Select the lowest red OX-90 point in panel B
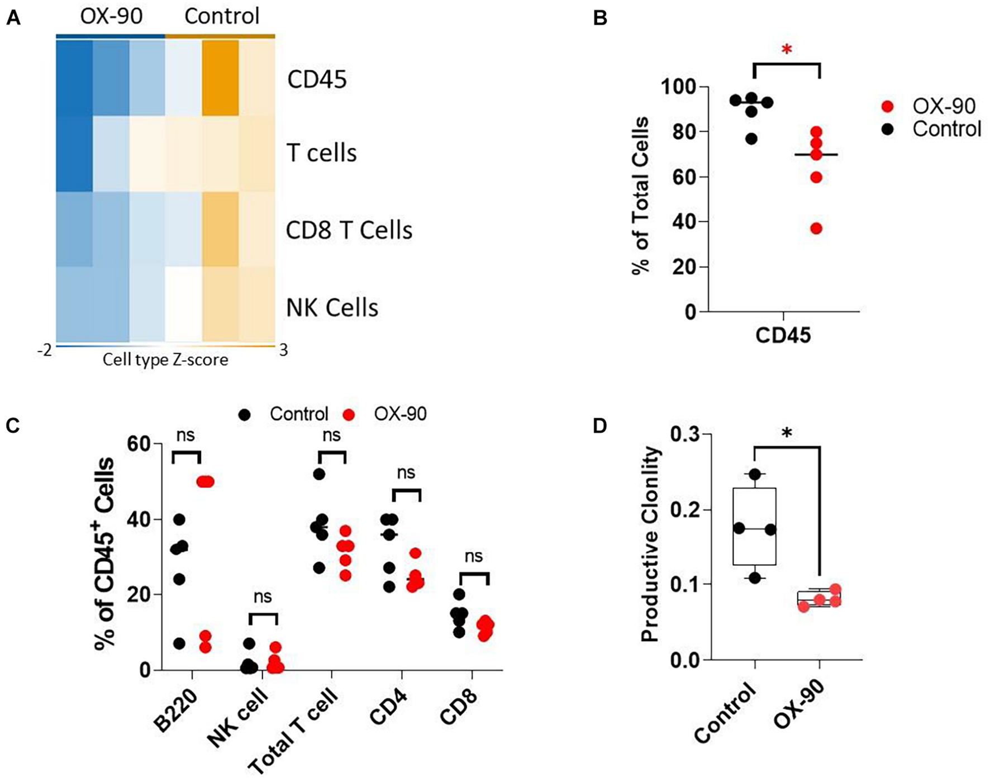816,228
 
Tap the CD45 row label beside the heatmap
317,80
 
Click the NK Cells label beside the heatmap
332,308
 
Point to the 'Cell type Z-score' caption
165,360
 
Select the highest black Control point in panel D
755,474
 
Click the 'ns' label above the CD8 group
473,557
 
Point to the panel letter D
599,427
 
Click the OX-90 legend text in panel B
944,106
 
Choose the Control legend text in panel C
299,414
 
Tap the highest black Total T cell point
319,474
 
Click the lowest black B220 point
179,643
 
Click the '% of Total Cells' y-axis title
641,195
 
